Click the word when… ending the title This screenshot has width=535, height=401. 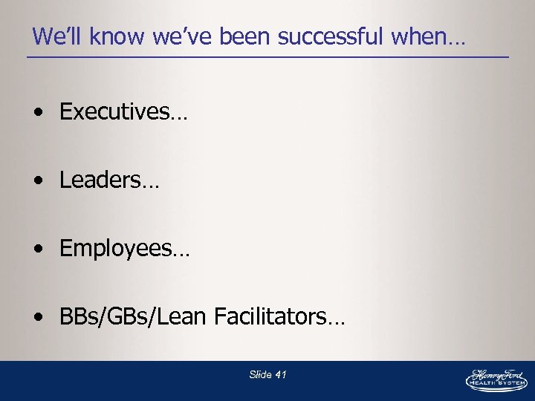(x=430, y=36)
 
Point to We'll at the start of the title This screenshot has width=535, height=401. (x=54, y=36)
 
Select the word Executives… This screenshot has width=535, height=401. (x=123, y=112)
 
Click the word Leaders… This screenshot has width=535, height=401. (x=109, y=180)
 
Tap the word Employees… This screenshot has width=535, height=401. (x=124, y=249)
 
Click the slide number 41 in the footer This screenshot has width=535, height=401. (x=280, y=375)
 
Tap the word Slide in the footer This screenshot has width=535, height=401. (x=260, y=375)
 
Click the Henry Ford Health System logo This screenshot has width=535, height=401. (x=496, y=378)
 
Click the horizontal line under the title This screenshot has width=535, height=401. (x=267, y=58)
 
